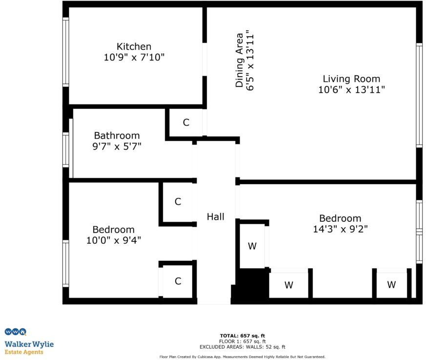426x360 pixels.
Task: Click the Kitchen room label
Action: [134, 46]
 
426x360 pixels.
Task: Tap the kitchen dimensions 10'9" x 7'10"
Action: [134, 57]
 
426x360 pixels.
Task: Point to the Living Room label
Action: [351, 79]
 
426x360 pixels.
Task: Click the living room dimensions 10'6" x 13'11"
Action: [351, 89]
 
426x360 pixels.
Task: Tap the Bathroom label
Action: [117, 135]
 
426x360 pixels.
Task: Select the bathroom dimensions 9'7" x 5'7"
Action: [117, 146]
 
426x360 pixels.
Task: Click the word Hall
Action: [215, 216]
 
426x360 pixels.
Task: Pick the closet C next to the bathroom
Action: [186, 123]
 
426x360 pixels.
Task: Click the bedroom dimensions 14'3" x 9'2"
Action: [340, 229]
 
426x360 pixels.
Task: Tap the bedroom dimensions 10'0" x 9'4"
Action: [113, 240]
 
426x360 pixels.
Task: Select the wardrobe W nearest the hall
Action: [252, 246]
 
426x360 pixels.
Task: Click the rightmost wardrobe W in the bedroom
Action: [391, 285]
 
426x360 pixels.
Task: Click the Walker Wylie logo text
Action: [29, 344]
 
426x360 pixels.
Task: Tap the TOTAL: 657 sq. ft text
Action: [242, 336]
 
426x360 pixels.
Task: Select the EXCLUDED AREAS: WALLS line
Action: [242, 346]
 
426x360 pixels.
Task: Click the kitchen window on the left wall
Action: [65, 52]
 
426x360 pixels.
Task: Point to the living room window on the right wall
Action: [419, 95]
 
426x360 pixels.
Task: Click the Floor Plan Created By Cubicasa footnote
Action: [242, 357]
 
